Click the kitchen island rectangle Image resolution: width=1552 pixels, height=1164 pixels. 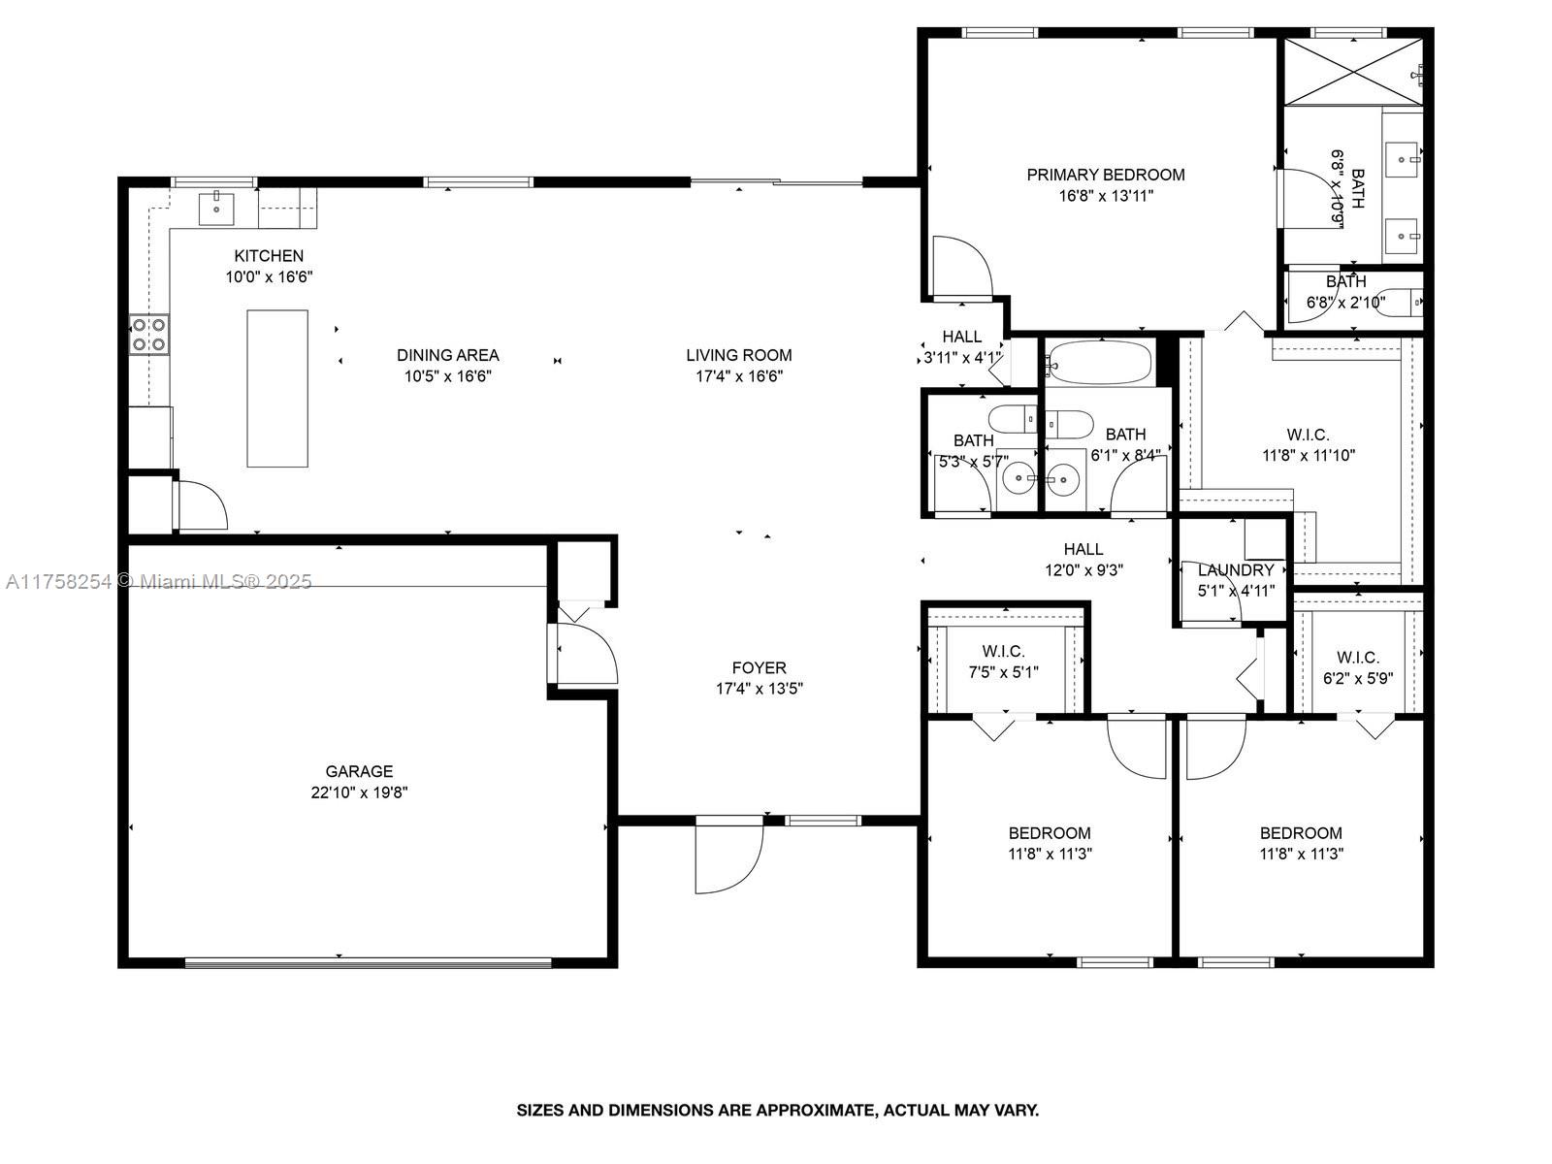coord(277,388)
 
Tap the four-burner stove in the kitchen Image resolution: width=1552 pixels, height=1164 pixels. coord(149,335)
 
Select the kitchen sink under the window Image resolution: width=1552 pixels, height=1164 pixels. coord(216,207)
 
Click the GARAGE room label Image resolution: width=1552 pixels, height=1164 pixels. coord(359,771)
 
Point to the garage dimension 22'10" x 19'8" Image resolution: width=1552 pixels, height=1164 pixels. coord(359,792)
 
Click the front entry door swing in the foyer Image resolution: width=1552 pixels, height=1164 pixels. coord(729,856)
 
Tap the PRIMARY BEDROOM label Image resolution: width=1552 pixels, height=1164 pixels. coord(1106,175)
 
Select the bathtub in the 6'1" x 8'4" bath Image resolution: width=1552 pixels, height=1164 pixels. coord(1099,363)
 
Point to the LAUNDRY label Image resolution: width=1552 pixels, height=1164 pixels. coord(1236,569)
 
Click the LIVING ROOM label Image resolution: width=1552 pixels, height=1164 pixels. coord(739,355)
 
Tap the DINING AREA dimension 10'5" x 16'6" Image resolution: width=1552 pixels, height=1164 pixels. coord(447,376)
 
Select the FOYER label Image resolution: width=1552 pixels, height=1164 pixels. coord(760,668)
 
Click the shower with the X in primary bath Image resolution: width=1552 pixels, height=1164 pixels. coord(1352,72)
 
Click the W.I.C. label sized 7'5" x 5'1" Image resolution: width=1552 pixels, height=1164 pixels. coord(1003,652)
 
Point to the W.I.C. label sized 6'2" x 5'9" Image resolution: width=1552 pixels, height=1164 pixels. coord(1358,658)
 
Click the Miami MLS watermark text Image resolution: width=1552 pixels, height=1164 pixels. coord(158,582)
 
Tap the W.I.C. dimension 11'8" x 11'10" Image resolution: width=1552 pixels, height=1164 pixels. coord(1309,455)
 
